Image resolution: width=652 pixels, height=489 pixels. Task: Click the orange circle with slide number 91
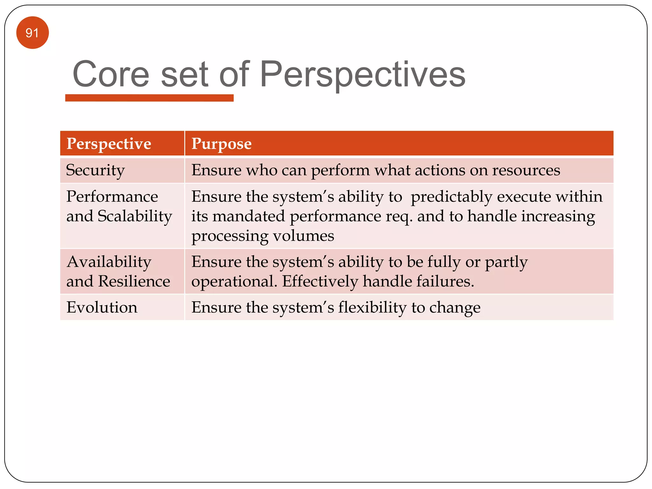[32, 33]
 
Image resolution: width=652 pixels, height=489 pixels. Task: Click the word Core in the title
[111, 74]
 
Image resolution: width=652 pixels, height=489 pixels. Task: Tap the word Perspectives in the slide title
[362, 74]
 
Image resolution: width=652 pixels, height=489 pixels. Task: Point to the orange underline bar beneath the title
[149, 98]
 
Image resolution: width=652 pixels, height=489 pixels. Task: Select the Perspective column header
[109, 144]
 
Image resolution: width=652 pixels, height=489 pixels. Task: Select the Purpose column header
[221, 144]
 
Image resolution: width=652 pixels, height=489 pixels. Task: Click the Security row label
[95, 170]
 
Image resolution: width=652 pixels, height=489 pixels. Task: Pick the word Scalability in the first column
[135, 216]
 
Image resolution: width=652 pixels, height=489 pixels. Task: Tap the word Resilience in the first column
[134, 281]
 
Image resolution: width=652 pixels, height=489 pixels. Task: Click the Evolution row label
[102, 307]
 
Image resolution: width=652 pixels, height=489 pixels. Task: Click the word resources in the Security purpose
[526, 170]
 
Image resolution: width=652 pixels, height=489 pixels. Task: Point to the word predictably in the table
[451, 196]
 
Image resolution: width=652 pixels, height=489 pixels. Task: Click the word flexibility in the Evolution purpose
[372, 308]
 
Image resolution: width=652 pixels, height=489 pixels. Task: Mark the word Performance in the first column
[112, 196]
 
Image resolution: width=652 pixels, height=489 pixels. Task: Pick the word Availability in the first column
[109, 262]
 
